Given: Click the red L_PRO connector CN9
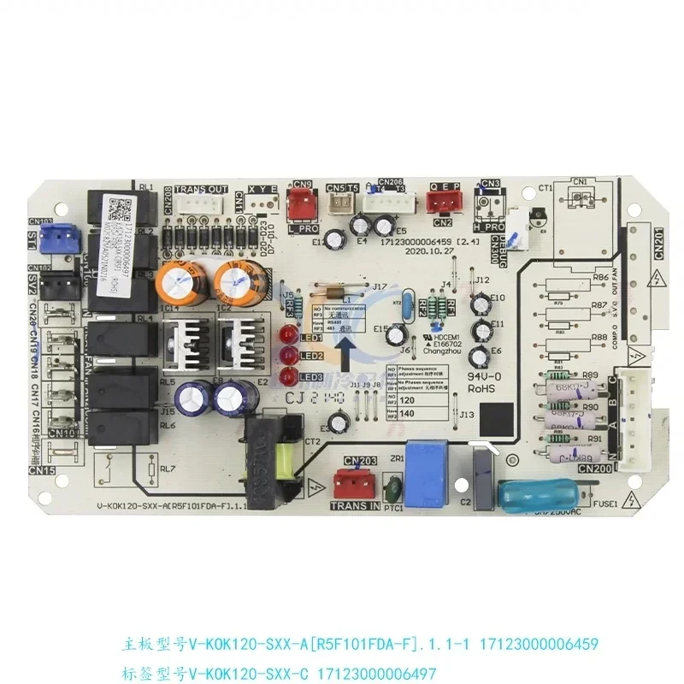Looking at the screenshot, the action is pos(301,203).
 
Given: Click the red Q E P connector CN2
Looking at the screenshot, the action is pos(442,202).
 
